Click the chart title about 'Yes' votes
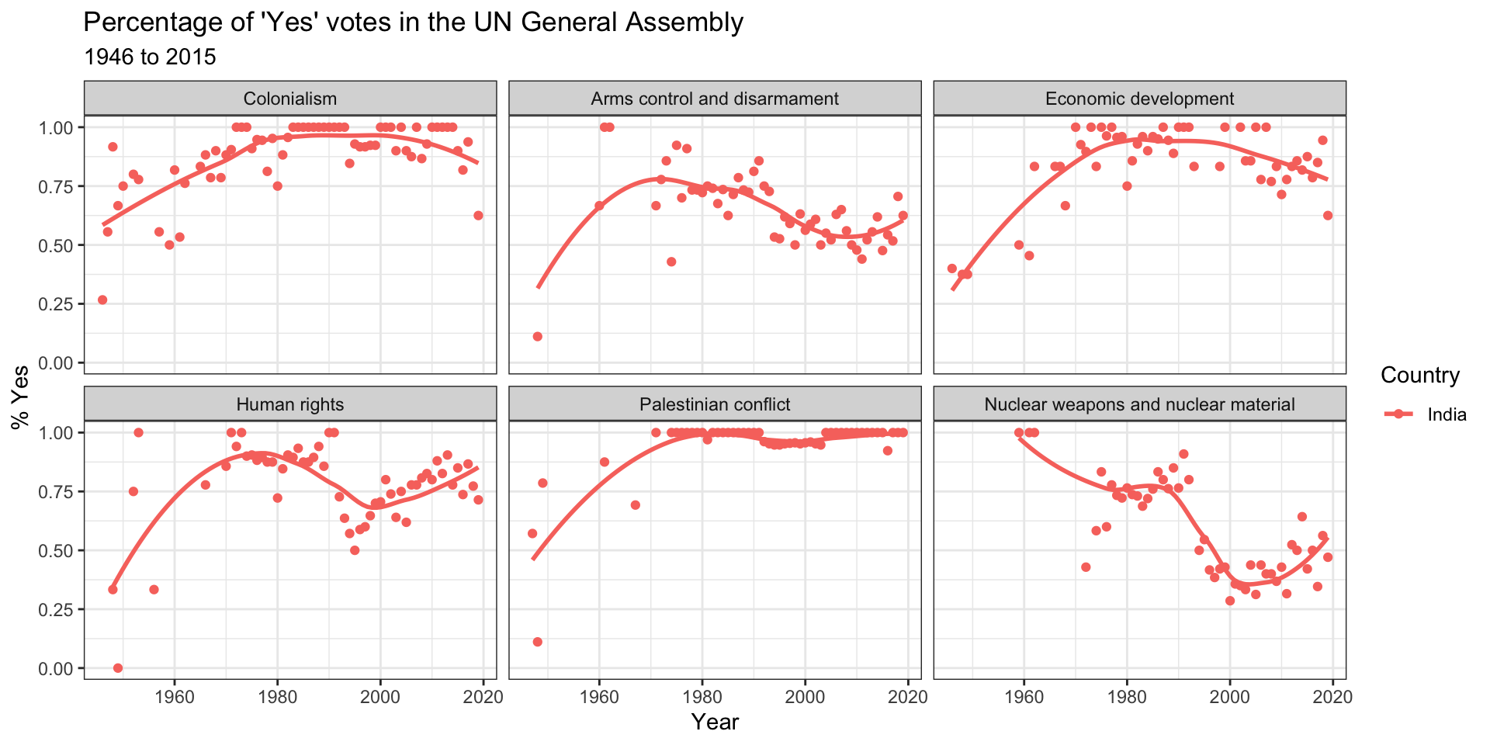[x=413, y=23]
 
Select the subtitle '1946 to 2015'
[x=149, y=57]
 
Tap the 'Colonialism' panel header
[x=289, y=99]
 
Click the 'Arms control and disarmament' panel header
[x=714, y=99]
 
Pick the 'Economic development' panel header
[x=1139, y=99]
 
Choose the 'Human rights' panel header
[x=289, y=404]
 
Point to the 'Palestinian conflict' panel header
[x=714, y=404]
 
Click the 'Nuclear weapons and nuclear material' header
[x=1139, y=404]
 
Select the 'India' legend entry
[x=1447, y=414]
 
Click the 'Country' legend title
[x=1420, y=376]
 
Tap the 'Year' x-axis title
[x=715, y=722]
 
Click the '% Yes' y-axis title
[x=20, y=397]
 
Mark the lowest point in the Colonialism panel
[x=102, y=300]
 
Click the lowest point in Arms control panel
[x=537, y=336]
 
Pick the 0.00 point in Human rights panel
[x=118, y=668]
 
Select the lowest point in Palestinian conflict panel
[x=537, y=642]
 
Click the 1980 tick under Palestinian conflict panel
[x=702, y=697]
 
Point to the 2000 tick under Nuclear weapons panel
[x=1230, y=697]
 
